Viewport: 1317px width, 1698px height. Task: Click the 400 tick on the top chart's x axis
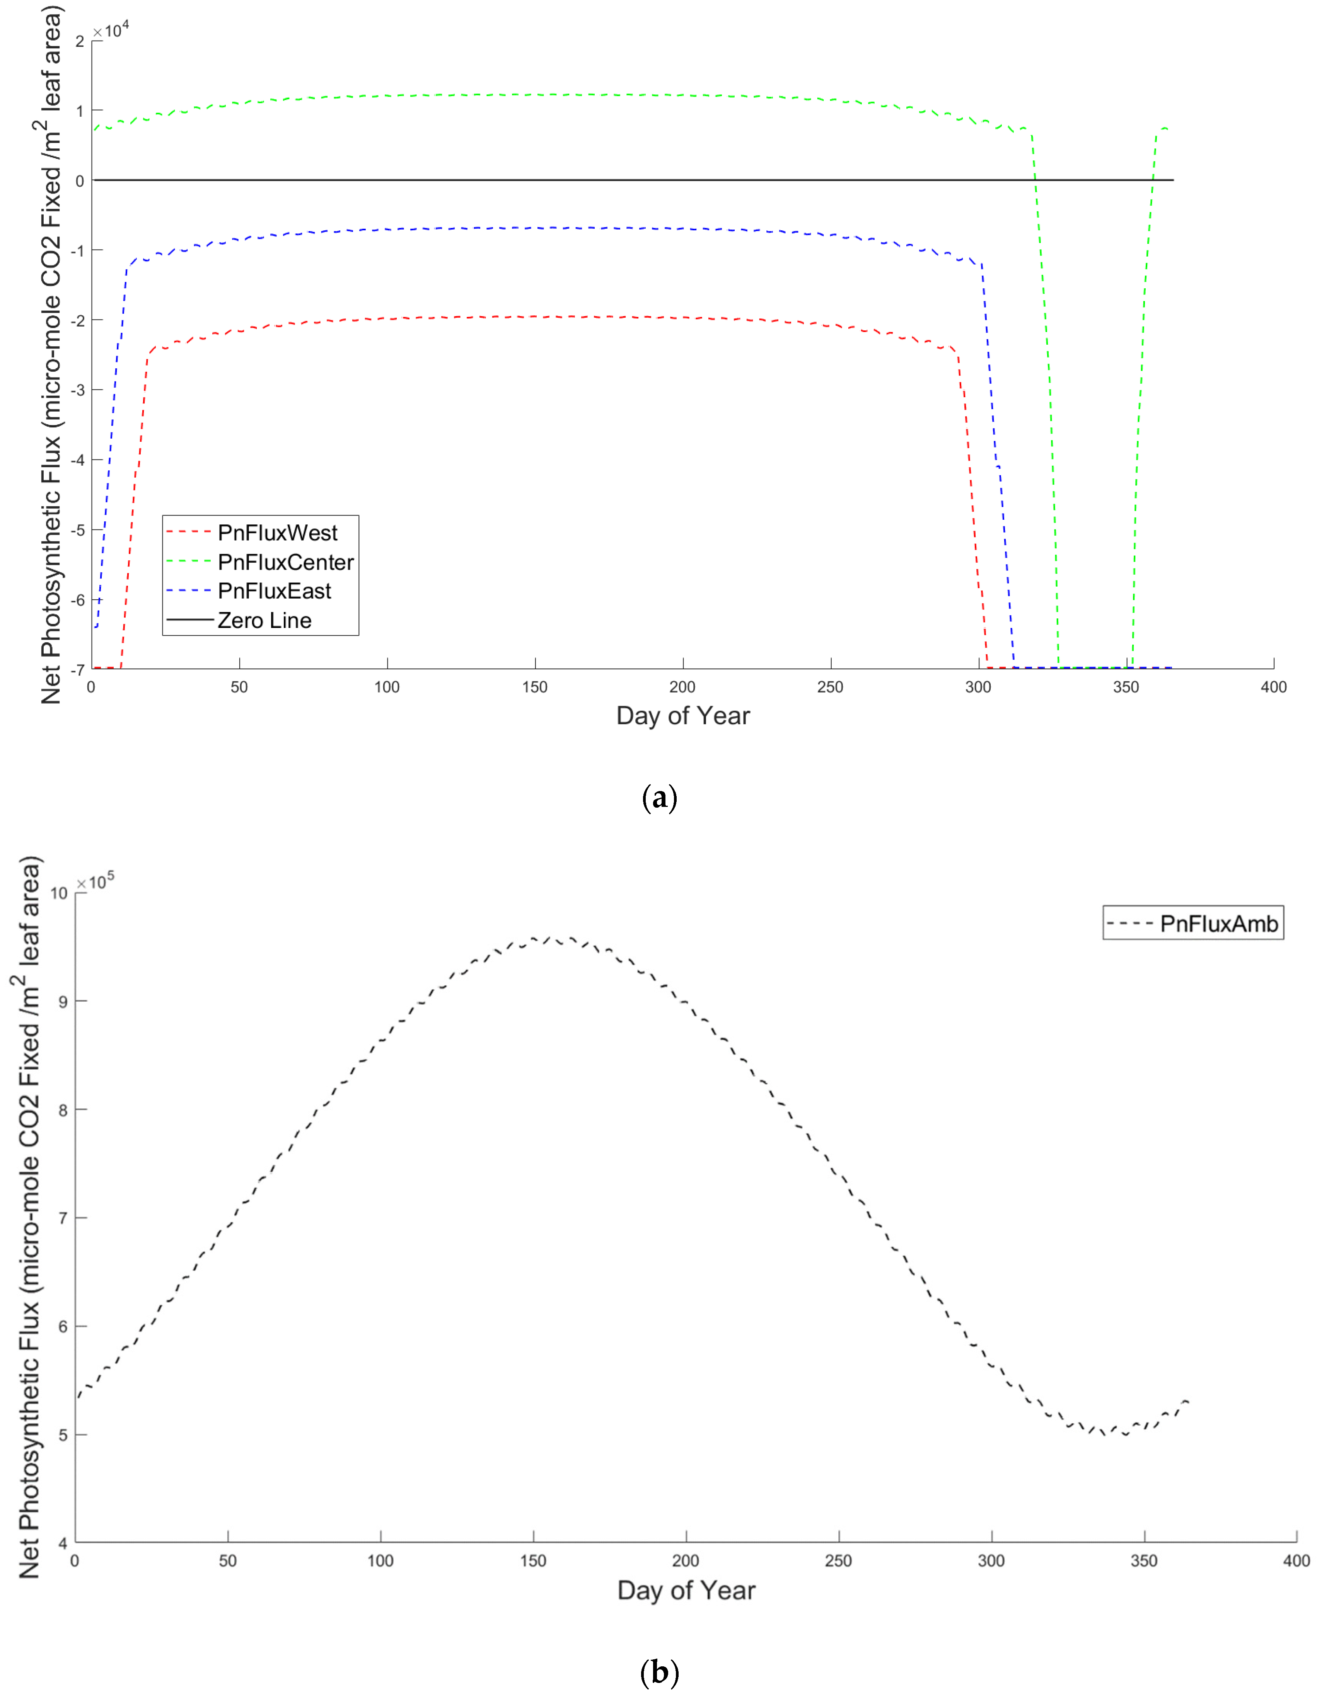[1273, 687]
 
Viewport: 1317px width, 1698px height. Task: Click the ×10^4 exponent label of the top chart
[111, 30]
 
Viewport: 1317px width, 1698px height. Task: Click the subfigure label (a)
[659, 798]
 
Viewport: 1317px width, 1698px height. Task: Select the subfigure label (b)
[659, 1672]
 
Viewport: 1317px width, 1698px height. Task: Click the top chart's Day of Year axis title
[683, 715]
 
